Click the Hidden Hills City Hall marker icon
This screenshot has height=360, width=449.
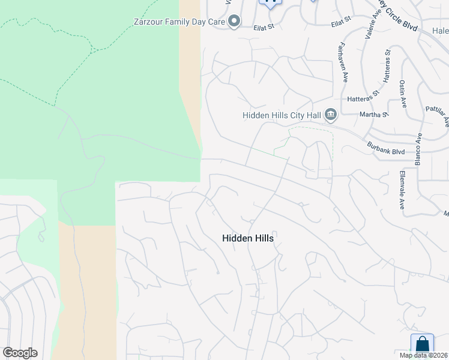click(330, 114)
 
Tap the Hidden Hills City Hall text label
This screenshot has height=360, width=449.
click(282, 115)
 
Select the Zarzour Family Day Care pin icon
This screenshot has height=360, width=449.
click(234, 22)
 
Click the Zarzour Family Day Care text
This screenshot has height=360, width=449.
click(179, 22)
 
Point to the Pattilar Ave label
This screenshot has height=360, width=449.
click(437, 113)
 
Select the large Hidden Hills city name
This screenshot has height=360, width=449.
click(248, 238)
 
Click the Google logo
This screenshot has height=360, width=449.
click(20, 353)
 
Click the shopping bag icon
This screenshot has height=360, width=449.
click(422, 344)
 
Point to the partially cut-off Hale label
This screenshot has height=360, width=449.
click(440, 30)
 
